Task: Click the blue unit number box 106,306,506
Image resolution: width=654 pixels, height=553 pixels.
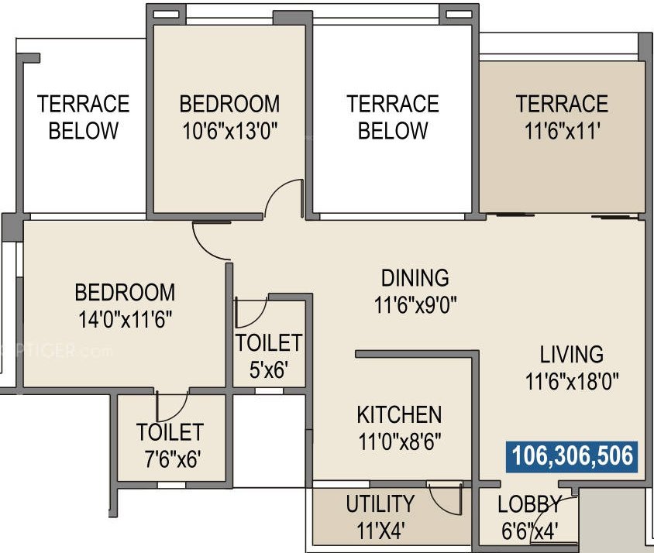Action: (571, 456)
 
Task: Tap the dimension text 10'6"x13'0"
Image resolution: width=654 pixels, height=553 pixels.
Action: (229, 130)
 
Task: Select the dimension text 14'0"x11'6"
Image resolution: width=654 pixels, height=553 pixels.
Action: (125, 319)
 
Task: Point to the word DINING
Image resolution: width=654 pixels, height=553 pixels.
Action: (415, 277)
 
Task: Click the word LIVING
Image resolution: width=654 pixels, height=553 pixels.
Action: (571, 355)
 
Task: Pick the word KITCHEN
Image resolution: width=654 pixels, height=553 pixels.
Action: (399, 414)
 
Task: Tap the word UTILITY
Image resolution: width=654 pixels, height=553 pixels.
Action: (380, 504)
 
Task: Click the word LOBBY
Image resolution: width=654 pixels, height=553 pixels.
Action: (529, 505)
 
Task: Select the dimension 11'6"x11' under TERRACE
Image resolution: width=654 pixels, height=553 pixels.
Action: (562, 130)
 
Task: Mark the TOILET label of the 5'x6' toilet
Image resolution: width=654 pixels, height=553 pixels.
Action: (269, 342)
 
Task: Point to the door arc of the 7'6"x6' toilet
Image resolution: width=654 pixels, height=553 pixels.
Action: (172, 407)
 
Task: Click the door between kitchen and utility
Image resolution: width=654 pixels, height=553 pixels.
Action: (446, 499)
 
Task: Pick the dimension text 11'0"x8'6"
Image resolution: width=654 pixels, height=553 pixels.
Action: (399, 441)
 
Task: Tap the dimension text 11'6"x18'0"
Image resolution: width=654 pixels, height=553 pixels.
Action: (571, 382)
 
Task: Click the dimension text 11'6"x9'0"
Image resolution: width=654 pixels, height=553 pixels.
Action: (415, 304)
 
